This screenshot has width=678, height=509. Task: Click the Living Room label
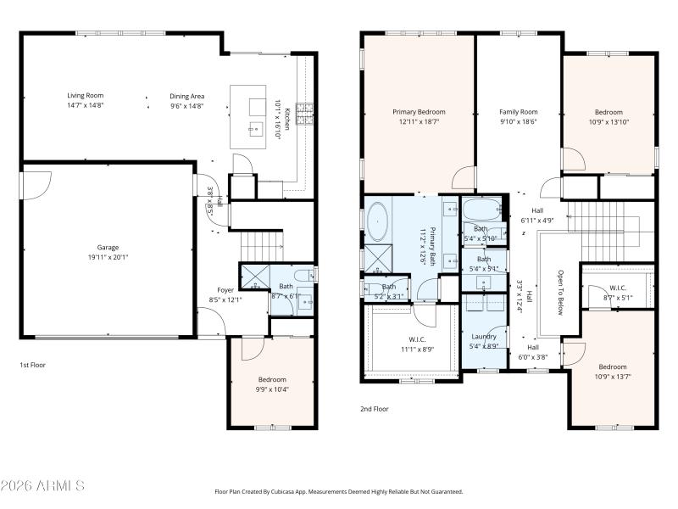[x=86, y=96]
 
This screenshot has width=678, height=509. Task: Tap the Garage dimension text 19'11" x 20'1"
[x=108, y=258]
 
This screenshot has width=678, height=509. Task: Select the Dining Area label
[x=187, y=96]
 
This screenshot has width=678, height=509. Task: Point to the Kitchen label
[x=287, y=118]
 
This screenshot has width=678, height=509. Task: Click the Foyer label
[x=225, y=290]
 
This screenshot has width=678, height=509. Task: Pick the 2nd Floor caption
[x=375, y=408]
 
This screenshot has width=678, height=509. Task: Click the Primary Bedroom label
[x=419, y=112]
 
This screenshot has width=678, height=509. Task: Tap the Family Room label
[x=518, y=112]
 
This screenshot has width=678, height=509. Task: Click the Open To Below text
[x=560, y=293]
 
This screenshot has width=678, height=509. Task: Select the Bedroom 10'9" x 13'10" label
[x=609, y=112]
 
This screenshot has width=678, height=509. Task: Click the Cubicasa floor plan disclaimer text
[x=338, y=491]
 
